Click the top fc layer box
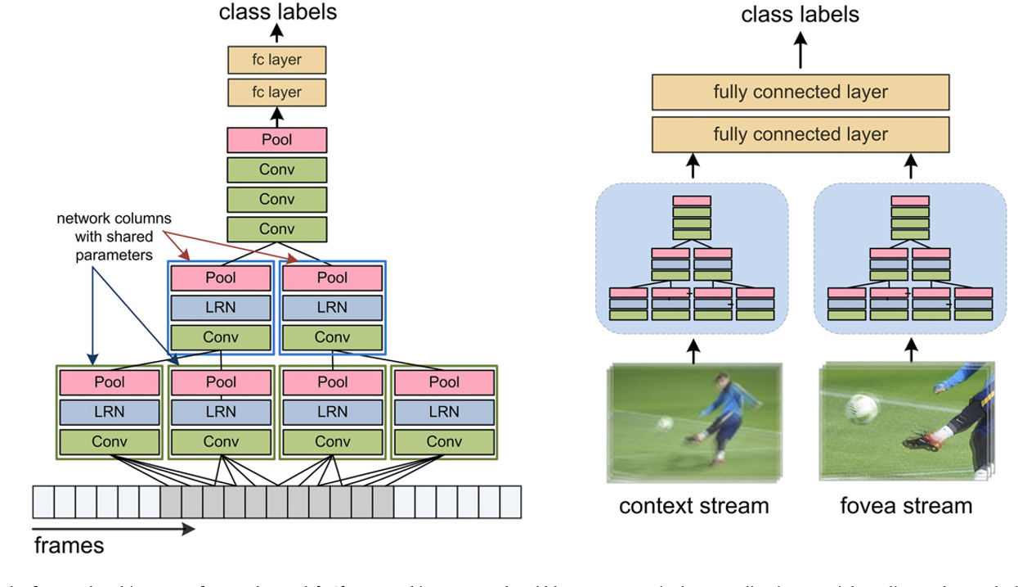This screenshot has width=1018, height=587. tap(276, 60)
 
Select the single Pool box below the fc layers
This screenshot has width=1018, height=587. tap(276, 140)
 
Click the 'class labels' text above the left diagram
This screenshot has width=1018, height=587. tap(276, 11)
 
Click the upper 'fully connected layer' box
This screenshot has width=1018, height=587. tap(800, 93)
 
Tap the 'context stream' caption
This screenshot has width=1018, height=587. tap(694, 505)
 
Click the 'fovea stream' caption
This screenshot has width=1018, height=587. tap(906, 505)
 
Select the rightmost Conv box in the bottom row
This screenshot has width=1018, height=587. tap(444, 441)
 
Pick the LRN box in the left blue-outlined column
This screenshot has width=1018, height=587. tap(221, 308)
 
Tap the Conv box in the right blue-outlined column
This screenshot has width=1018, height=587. tap(332, 337)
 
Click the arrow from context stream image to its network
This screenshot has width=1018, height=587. tap(693, 351)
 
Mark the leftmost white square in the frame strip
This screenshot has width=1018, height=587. tap(43, 499)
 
